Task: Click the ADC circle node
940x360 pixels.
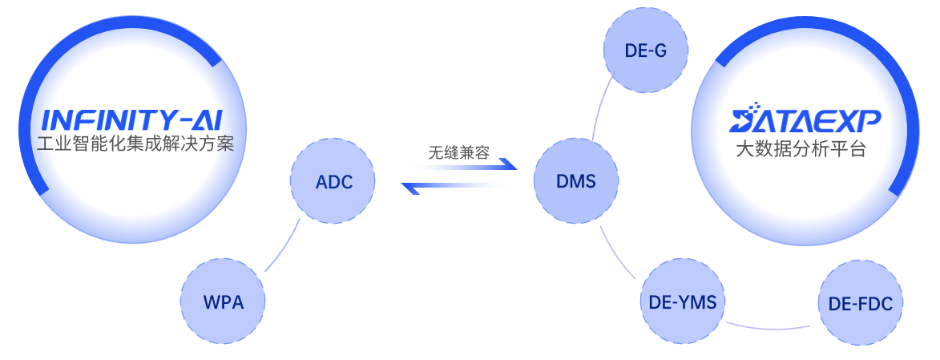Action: coord(334,182)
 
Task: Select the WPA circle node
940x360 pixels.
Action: coord(224,302)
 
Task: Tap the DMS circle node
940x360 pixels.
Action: coord(576,182)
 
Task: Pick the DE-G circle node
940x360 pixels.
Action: coord(645,52)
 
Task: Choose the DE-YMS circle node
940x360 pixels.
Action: coord(684,302)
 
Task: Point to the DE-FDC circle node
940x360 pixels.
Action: coord(861,304)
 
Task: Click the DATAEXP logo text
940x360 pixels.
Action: coord(805,121)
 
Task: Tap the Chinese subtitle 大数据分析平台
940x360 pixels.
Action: coord(801,150)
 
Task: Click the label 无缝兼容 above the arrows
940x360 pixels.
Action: coord(459,153)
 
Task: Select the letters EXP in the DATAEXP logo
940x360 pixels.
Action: coord(853,121)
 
